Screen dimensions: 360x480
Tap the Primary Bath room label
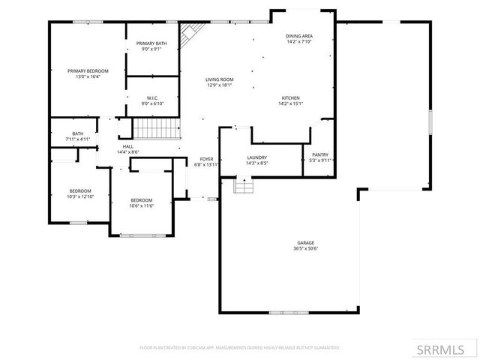coord(151,44)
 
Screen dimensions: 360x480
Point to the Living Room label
coord(220,79)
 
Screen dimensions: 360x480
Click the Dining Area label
coord(298,36)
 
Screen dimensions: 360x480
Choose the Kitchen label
coord(291,98)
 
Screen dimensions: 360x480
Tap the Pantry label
coord(320,155)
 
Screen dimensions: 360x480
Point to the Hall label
coord(127,147)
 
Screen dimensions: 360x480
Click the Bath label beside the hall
coord(77,133)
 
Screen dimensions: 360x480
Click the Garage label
coord(305,243)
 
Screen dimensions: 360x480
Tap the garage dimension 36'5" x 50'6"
coord(305,249)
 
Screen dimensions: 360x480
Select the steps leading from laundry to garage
coord(243,185)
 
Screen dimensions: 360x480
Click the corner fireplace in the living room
coord(190,31)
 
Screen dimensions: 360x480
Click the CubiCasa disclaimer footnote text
coord(240,348)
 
